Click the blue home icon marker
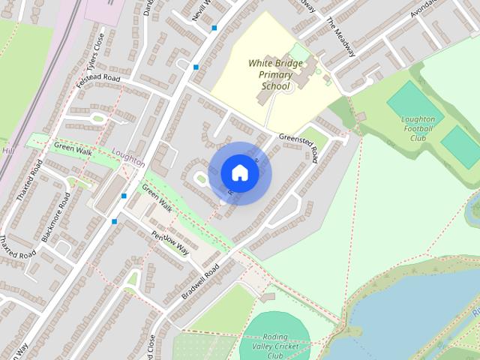(239, 172)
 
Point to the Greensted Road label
(298, 146)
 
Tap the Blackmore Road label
(56, 217)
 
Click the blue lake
(405, 315)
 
